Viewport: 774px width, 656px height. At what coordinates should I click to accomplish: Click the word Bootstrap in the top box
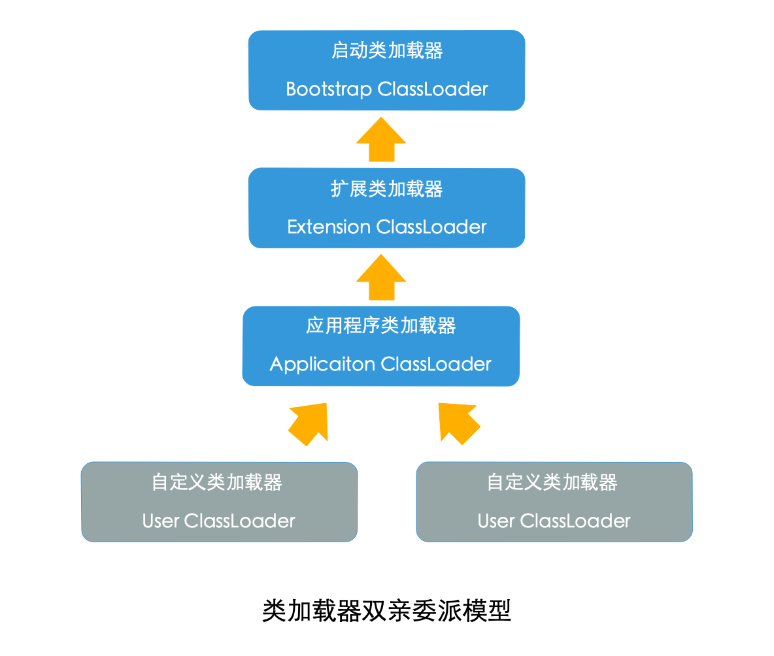click(329, 89)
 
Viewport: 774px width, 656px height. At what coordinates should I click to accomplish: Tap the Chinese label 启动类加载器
click(387, 50)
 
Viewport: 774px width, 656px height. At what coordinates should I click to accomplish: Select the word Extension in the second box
click(329, 227)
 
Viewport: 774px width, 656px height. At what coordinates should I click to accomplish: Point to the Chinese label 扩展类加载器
click(387, 189)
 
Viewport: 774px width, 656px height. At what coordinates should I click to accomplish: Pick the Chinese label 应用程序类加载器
click(380, 325)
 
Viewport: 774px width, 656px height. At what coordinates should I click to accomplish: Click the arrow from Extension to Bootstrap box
click(381, 140)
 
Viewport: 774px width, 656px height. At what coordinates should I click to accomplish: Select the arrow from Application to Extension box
click(381, 278)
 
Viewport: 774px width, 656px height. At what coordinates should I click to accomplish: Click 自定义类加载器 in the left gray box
click(217, 483)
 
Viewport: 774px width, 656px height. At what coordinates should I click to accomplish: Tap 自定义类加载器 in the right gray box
click(552, 483)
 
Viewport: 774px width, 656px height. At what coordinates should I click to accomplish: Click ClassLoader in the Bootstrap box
click(433, 89)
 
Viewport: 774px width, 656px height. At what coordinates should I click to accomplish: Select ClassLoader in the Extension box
click(432, 227)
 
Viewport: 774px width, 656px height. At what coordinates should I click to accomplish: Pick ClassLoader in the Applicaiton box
click(436, 364)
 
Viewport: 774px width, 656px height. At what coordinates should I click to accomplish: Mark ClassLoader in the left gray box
click(240, 521)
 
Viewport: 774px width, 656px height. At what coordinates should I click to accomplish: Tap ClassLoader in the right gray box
click(575, 521)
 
